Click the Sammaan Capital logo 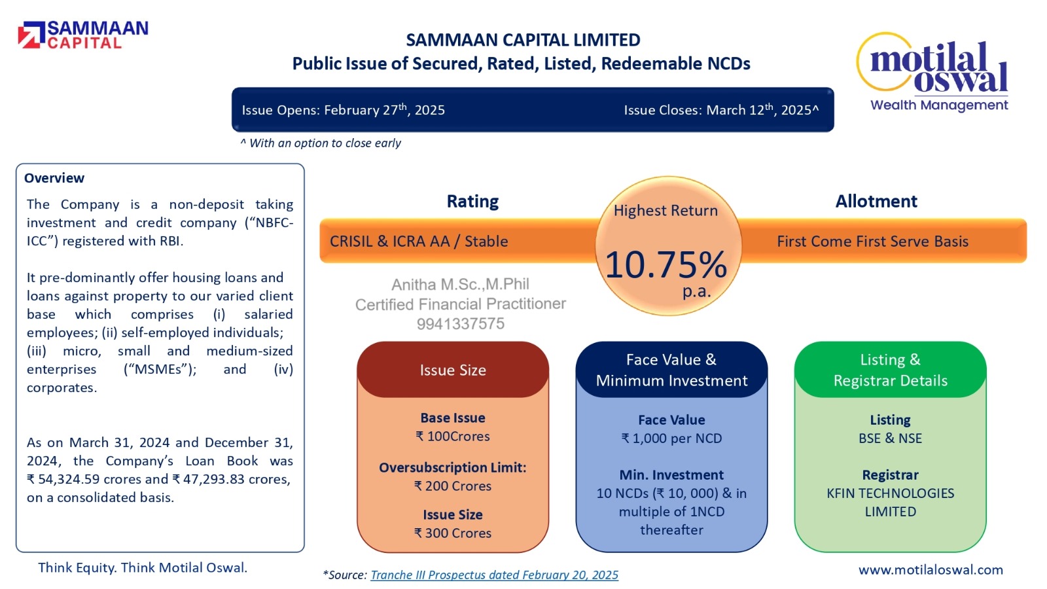click(84, 35)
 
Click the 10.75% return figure click(666, 265)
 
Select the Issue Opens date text click(344, 110)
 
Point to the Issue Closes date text click(720, 110)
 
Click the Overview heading click(54, 178)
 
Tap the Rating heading click(472, 202)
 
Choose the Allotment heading click(876, 202)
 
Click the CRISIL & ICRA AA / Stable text click(419, 241)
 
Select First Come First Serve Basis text click(872, 241)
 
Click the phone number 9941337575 click(461, 324)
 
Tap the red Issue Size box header click(453, 370)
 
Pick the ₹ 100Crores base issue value click(453, 437)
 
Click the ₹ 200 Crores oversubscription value click(453, 486)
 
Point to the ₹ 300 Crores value click(453, 533)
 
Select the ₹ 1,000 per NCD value click(671, 438)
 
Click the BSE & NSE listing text click(890, 438)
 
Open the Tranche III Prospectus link click(494, 575)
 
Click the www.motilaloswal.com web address click(931, 570)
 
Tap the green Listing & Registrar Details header click(890, 370)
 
